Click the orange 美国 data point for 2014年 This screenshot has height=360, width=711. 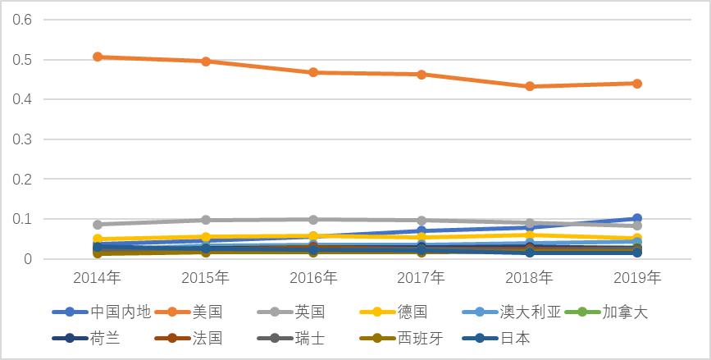point(98,57)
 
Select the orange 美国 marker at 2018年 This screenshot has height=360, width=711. point(530,86)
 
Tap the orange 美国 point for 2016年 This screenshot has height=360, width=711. point(313,72)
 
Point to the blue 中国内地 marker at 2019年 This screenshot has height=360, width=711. point(637,219)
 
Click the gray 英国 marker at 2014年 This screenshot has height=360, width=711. point(98,224)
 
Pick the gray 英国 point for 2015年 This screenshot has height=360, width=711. point(206,220)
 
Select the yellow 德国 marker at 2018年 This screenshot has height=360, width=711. point(530,235)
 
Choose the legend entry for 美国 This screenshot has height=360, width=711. point(207,312)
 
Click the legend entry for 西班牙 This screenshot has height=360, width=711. point(418,338)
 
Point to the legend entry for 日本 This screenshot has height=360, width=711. point(515,338)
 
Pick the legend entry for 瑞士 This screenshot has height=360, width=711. point(309,338)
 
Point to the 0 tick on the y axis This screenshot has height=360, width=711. point(27,259)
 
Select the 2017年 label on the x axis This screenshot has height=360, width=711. point(422,278)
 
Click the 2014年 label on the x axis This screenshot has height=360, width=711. point(98,278)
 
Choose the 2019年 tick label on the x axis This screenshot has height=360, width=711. point(637,278)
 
